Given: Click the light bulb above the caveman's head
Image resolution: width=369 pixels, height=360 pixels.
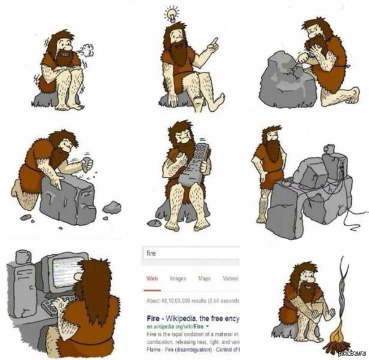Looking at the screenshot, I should click(172, 13).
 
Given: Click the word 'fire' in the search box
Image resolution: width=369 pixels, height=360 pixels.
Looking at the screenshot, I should click(151, 252).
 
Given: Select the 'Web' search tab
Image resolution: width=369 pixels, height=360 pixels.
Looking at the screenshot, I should click(152, 278).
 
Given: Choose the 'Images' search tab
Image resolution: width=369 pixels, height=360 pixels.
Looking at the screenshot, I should click(178, 278).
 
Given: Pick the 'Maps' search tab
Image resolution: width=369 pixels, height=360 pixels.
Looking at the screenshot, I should click(205, 278).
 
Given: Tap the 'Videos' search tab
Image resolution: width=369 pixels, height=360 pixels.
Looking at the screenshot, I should click(231, 278).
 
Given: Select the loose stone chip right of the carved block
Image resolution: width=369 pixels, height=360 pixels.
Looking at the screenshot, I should click(111, 207).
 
